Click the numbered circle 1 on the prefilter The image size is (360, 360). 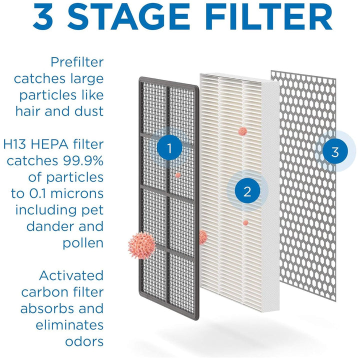(x=169, y=148)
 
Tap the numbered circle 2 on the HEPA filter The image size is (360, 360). (x=247, y=191)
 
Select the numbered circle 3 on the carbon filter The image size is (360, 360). (x=335, y=151)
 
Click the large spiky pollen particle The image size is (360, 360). (x=141, y=245)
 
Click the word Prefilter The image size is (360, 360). (x=77, y=62)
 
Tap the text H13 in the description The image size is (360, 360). (x=15, y=144)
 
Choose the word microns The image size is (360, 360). (x=77, y=193)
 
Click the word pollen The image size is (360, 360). (x=83, y=243)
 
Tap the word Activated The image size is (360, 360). (x=71, y=275)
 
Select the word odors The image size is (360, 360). (x=84, y=341)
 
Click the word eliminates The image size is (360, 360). (x=70, y=325)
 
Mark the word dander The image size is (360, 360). (x=52, y=226)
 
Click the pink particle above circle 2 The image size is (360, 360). (x=242, y=131)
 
